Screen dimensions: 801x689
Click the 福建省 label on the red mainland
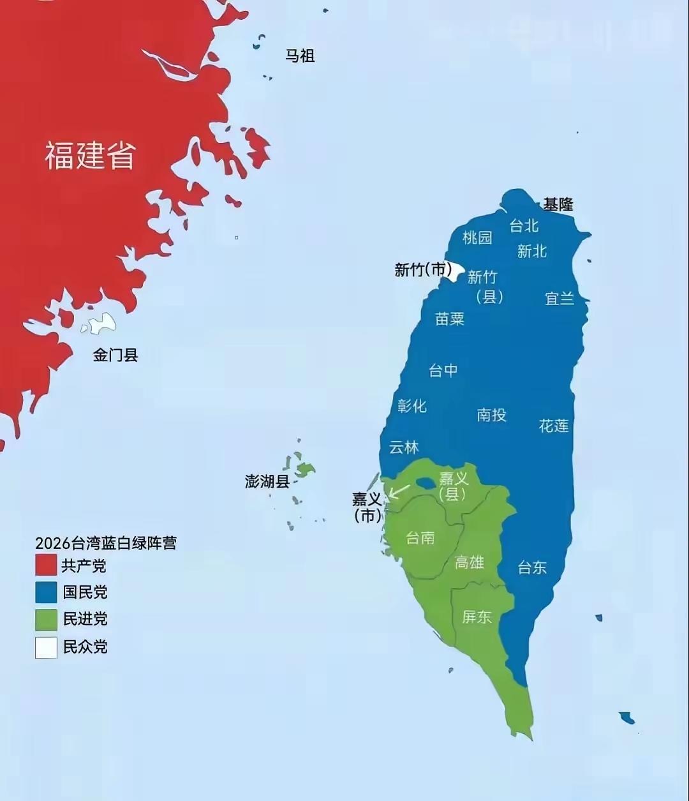click(90, 155)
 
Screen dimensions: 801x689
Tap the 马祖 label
click(300, 56)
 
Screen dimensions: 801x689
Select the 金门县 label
click(115, 355)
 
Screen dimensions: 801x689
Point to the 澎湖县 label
click(267, 481)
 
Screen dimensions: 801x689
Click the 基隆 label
click(558, 205)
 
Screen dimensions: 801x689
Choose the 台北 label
click(524, 226)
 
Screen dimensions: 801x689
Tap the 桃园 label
click(477, 238)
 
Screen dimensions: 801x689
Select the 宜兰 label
click(559, 298)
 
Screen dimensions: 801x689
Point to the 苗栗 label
click(450, 318)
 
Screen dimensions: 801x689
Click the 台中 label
click(443, 370)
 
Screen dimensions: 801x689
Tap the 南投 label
click(491, 415)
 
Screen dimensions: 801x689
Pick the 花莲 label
click(554, 426)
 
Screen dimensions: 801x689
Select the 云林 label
click(404, 447)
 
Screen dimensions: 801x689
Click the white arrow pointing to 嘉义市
click(399, 491)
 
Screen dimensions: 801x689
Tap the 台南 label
click(420, 538)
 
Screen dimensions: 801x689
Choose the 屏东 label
click(477, 617)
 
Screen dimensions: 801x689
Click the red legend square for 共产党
click(46, 565)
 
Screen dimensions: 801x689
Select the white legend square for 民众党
click(46, 647)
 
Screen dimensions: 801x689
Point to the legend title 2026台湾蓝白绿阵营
click(106, 543)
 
